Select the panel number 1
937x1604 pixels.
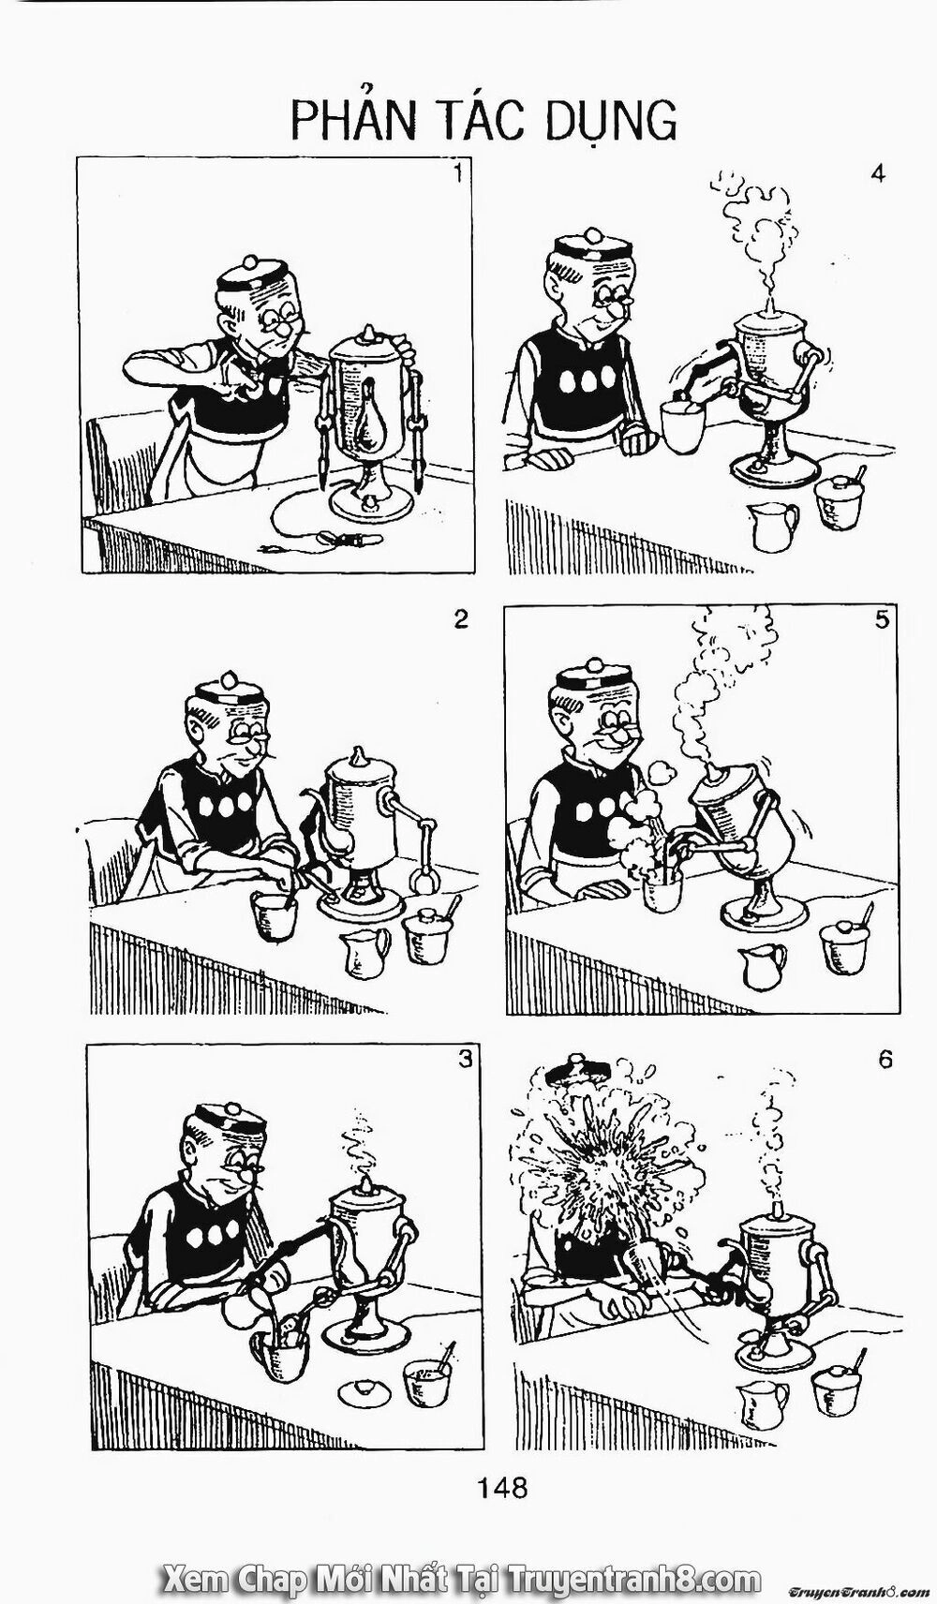point(459,173)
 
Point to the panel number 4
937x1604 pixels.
point(879,174)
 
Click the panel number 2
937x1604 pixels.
point(460,619)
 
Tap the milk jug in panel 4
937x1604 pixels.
point(771,527)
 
